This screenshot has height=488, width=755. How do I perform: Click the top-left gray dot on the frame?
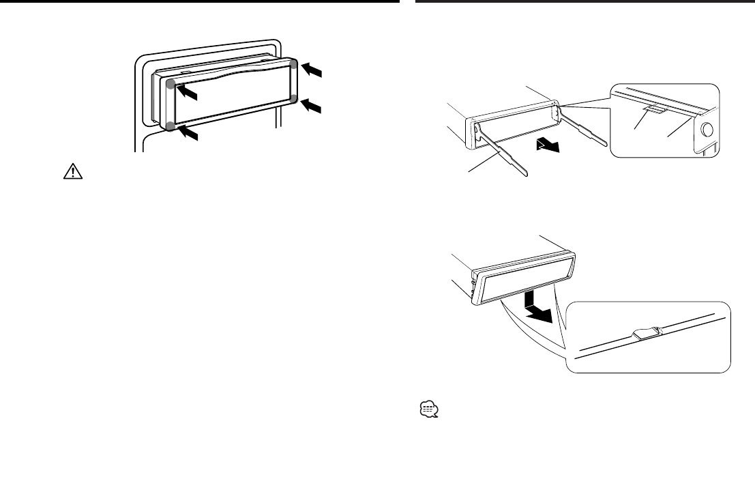[171, 84]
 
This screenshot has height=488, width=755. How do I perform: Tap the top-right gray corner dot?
[293, 64]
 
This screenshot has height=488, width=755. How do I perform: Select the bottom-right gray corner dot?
[293, 98]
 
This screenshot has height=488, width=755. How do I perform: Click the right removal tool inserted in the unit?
[583, 126]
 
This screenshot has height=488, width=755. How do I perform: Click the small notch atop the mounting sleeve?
[186, 70]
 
